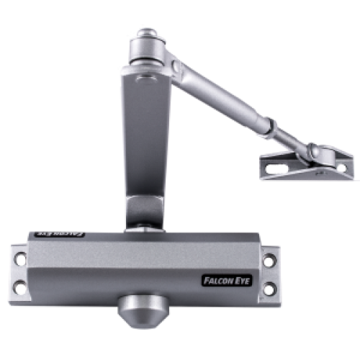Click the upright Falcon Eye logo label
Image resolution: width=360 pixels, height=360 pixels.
[x=227, y=281]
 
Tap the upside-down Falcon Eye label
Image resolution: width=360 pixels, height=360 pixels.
[x=60, y=234]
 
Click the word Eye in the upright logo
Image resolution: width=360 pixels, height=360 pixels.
[x=242, y=281]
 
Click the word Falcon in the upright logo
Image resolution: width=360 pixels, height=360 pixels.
[x=217, y=281]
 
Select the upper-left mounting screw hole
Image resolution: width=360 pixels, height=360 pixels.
[x=20, y=259]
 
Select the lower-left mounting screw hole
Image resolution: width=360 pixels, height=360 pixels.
[x=19, y=287]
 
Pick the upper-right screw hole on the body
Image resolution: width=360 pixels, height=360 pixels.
[x=269, y=261]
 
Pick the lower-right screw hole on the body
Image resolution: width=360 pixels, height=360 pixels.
[x=270, y=289]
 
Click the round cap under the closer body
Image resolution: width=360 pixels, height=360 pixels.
[x=143, y=311]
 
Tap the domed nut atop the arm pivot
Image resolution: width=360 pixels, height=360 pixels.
[x=148, y=33]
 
